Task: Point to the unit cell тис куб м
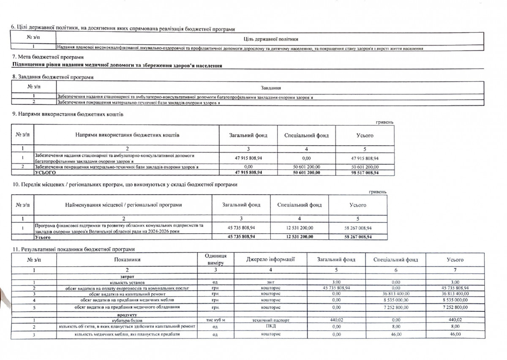(215, 320)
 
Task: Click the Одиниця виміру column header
(215, 259)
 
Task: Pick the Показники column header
(127, 259)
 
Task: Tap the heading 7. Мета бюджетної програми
(48, 57)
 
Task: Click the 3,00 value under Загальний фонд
(336, 281)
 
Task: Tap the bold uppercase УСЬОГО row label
(45, 173)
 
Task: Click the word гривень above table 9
(384, 123)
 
